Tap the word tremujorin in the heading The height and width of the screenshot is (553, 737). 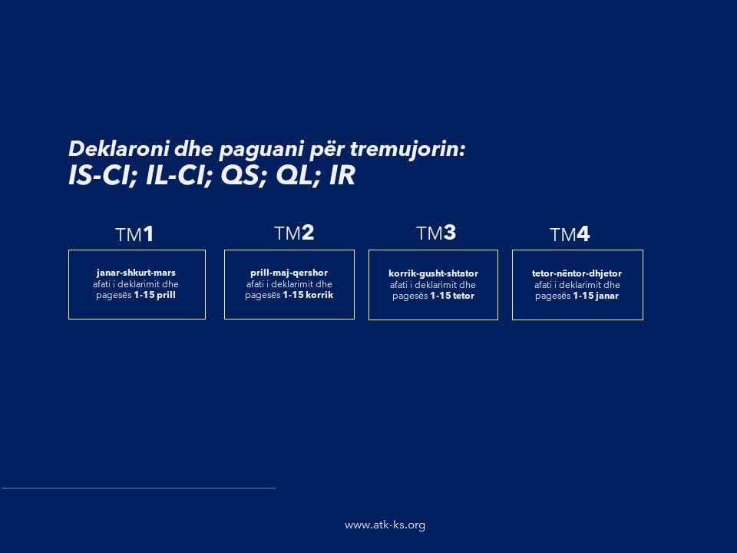point(408,148)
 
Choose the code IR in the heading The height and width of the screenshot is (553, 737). point(342,175)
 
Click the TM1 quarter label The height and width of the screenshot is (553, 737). point(134,234)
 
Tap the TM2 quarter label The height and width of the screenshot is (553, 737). point(294,233)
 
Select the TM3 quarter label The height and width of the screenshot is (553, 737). point(436,233)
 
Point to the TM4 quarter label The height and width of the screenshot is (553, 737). point(570,234)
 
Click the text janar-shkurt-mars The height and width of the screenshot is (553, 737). point(136,273)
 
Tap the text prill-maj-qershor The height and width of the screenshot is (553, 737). point(289,273)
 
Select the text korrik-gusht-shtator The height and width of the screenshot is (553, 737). point(433,273)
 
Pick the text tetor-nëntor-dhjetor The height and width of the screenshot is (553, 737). point(577,273)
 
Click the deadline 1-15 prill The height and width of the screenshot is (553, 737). point(154,295)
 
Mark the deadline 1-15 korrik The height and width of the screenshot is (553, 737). point(308,295)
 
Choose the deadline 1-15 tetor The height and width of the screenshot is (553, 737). point(452,296)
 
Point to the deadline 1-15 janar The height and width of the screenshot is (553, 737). point(596,296)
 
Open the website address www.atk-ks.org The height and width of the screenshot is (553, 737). point(385,525)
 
